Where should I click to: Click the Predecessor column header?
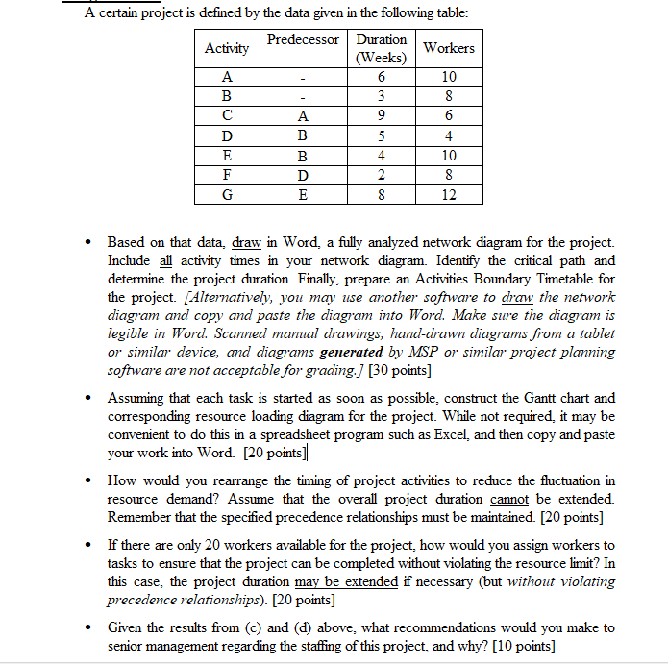coord(303,39)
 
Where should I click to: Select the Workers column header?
coord(449,48)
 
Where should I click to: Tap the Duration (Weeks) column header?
coord(382,48)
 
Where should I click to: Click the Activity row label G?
coord(227,194)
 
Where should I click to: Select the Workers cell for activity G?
coord(449,194)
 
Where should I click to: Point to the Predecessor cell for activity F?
coord(303,175)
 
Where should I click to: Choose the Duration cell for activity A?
coord(382,77)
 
